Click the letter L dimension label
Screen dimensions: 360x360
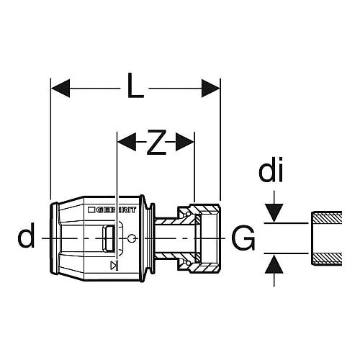[135, 86]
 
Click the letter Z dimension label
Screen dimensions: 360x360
[156, 142]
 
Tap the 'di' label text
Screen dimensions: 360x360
[271, 169]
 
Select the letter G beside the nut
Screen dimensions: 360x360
[243, 238]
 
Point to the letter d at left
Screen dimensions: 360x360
[26, 235]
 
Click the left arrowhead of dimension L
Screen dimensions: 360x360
[60, 89]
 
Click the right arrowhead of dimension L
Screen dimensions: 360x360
[210, 89]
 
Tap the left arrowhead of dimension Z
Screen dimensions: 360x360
[127, 142]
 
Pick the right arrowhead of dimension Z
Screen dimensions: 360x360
[185, 142]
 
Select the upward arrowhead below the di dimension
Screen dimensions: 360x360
[274, 264]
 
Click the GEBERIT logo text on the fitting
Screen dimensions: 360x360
[116, 210]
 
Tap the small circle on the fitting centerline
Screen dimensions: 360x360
[131, 238]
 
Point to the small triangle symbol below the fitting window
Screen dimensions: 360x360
[114, 265]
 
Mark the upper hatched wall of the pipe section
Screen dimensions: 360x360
[327, 217]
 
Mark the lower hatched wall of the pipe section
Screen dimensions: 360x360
[327, 259]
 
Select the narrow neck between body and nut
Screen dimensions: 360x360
[166, 238]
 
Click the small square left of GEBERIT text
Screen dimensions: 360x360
[91, 210]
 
